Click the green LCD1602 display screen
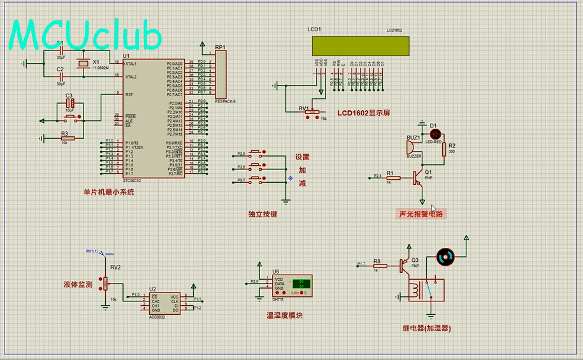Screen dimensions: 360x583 click(360, 46)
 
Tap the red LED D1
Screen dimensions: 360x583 click(436, 134)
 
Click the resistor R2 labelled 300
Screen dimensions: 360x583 click(443, 148)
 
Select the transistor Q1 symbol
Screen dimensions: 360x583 click(418, 178)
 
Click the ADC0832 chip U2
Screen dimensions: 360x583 click(165, 303)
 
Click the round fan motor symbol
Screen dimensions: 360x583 click(445, 257)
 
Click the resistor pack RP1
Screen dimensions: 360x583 click(221, 75)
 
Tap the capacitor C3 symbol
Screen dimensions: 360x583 click(71, 103)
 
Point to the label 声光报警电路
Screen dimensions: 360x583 click(421, 214)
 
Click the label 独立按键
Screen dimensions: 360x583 click(263, 214)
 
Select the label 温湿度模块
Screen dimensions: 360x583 click(284, 315)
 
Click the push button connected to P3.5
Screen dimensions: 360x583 click(257, 154)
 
